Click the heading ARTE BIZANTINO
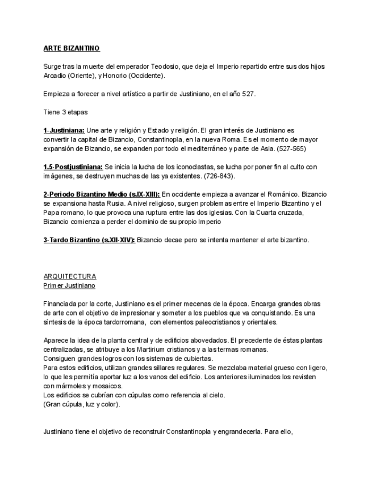click(x=72, y=48)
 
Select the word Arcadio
click(x=55, y=76)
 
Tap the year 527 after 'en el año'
click(x=248, y=94)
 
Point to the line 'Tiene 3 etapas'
click(x=65, y=112)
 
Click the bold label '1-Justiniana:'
click(x=64, y=130)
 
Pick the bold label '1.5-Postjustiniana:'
click(x=73, y=167)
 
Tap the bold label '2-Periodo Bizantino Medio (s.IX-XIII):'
click(x=102, y=194)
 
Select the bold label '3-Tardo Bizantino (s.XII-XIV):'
click(x=89, y=240)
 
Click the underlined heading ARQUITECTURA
click(x=70, y=276)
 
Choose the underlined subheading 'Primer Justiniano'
click(x=69, y=285)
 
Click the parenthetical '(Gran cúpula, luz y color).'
click(x=82, y=404)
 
